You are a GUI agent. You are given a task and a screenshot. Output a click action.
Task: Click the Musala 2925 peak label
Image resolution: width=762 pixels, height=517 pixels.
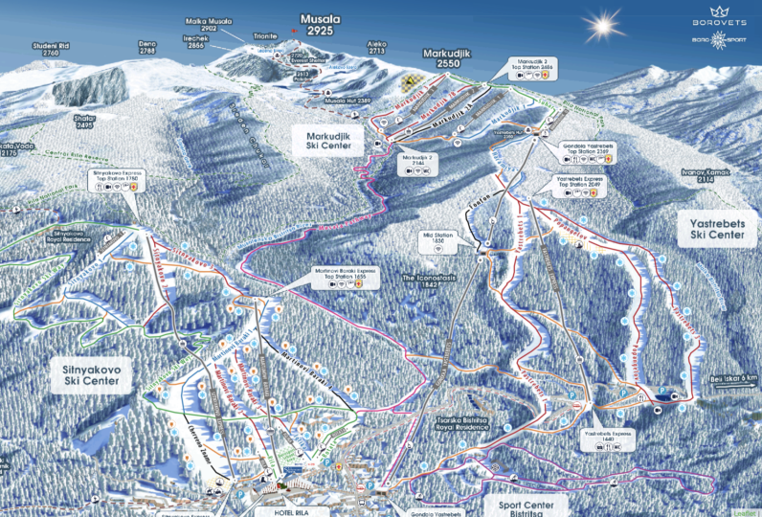click(317, 25)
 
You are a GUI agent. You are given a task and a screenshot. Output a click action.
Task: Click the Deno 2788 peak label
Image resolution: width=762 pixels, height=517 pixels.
click(146, 48)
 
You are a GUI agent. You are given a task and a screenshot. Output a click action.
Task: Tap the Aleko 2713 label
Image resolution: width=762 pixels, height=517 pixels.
click(377, 48)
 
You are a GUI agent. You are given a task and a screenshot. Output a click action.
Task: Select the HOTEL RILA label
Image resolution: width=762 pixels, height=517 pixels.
click(280, 511)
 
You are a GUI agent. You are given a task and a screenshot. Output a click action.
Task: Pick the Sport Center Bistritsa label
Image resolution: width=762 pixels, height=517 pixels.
click(527, 505)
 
